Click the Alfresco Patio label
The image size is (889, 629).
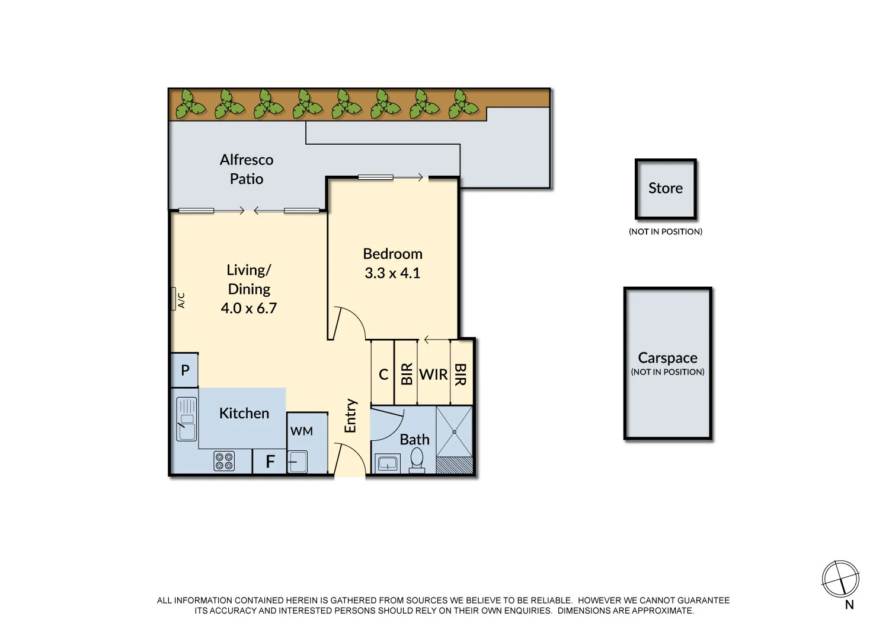[x=247, y=169]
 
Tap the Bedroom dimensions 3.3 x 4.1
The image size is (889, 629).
[x=392, y=274]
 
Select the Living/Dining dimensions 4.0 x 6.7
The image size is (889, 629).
[x=248, y=309]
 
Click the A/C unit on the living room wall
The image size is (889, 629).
[x=174, y=299]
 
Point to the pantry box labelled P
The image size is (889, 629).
[x=185, y=370]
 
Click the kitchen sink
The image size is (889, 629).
[x=187, y=419]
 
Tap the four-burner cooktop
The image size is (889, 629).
[x=224, y=461]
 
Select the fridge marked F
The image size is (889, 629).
[x=270, y=462]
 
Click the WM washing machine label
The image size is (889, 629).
[x=302, y=431]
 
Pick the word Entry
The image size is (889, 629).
[x=350, y=415]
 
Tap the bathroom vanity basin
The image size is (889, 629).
[x=388, y=462]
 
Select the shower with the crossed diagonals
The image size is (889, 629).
[x=455, y=432]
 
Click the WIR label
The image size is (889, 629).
[x=433, y=375]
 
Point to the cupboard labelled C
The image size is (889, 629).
[x=383, y=375]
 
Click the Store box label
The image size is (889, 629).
[x=666, y=189]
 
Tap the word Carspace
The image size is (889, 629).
[x=667, y=358]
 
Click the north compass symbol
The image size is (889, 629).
[x=840, y=579]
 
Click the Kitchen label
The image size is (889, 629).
[x=244, y=414]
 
